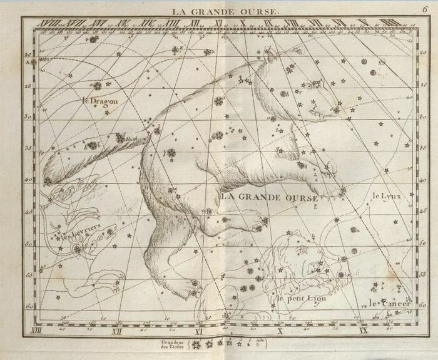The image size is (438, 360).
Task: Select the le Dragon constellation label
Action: tap(100, 101)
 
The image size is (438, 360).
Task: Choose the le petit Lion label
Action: tap(302, 300)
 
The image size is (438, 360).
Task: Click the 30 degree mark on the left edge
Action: tap(27, 116)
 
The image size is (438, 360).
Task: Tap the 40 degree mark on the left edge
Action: tap(27, 180)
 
